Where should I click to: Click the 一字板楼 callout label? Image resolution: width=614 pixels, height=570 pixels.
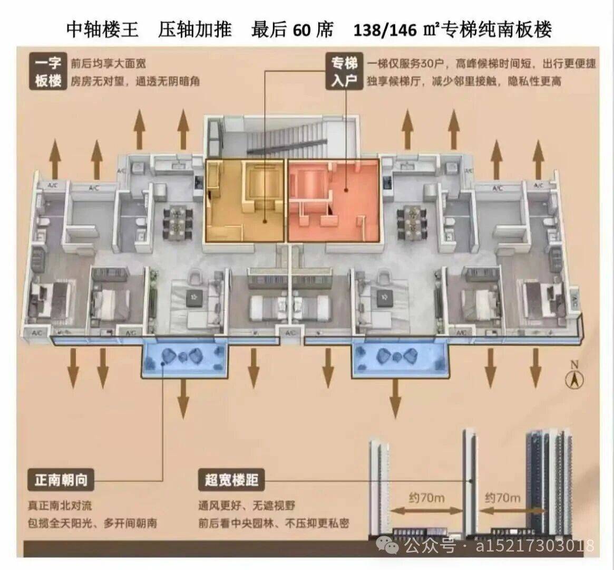pos(48,72)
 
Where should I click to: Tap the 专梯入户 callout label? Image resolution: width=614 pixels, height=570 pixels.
pos(344,72)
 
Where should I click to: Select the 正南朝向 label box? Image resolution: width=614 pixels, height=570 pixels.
pos(61,480)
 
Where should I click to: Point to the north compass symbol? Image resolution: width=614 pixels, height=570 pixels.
pos(574,377)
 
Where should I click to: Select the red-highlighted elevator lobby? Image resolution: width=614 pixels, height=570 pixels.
pos(333,201)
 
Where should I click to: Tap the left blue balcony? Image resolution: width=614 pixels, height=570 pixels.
pos(184,357)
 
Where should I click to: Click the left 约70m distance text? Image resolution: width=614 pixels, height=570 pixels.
pos(427,498)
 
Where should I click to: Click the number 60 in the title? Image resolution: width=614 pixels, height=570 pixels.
pos(302,30)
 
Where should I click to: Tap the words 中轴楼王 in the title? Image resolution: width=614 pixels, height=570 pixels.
pos(102,30)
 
